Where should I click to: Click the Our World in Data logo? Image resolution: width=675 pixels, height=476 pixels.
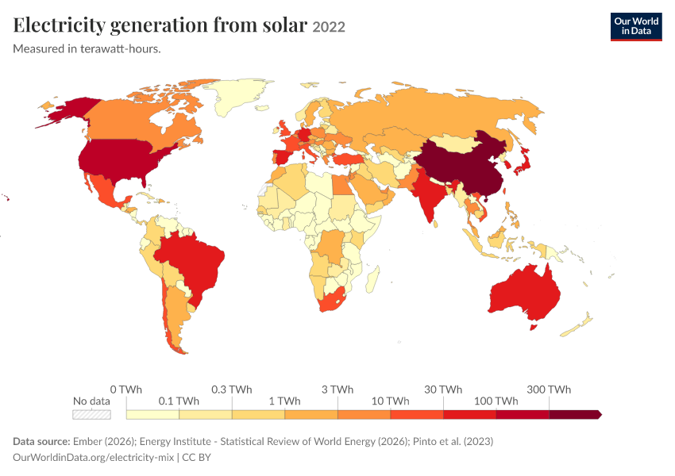636,27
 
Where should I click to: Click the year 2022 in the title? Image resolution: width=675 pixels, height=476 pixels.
329,27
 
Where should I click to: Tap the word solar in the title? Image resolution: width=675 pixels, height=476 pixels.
284,25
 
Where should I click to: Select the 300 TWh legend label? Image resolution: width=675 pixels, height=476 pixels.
549,390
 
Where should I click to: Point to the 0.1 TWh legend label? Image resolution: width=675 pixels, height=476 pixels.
179,401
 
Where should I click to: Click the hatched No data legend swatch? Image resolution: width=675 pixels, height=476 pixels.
91,414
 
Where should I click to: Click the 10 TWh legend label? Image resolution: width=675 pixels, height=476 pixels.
390,401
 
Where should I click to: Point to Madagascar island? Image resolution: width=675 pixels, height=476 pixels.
373,278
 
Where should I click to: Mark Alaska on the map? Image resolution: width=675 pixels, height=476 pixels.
69,111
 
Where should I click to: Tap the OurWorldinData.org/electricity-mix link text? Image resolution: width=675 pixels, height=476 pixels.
94,457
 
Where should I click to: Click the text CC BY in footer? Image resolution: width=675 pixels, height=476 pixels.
196,457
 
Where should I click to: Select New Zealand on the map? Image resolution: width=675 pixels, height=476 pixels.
577,325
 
